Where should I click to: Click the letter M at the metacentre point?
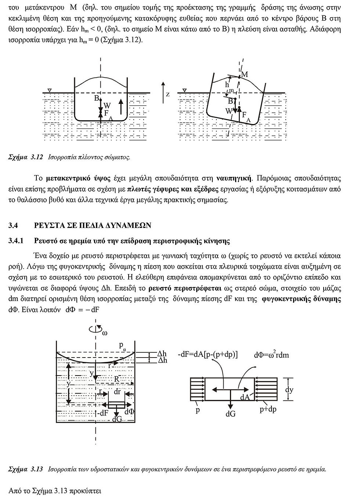point(245,75)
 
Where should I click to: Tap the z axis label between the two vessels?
point(168,94)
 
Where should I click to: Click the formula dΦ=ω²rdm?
point(271,355)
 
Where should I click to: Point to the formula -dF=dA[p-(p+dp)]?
point(208,354)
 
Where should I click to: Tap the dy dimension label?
point(289,389)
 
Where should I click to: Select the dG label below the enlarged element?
point(231,414)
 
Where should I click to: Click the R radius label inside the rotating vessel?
point(117,378)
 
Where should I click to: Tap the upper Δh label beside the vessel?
point(162,354)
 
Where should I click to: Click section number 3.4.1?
point(16,241)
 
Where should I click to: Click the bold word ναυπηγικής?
point(234,178)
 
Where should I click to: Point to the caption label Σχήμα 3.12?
point(26,157)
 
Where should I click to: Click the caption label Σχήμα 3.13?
point(26,469)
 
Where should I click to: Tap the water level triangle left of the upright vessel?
point(50,90)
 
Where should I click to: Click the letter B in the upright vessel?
point(96,98)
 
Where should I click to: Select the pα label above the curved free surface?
point(122,346)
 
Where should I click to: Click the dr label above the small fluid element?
point(117,392)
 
